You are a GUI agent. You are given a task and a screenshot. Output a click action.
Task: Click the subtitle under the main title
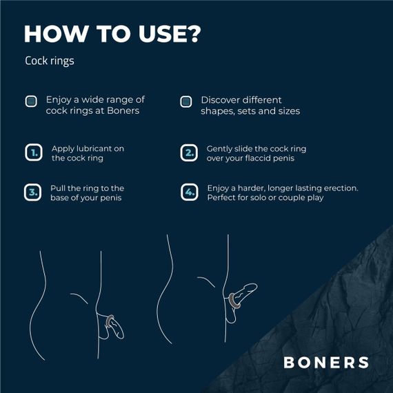coord(49,61)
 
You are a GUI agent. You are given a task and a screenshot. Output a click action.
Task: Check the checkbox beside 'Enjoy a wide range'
coord(30,101)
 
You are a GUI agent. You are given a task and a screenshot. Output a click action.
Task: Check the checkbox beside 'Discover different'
coord(185,101)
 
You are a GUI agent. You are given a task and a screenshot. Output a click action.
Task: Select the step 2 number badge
coord(188,152)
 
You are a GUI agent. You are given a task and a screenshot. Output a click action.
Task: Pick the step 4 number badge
coord(188,192)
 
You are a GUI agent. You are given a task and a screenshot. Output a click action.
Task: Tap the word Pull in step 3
coord(59,188)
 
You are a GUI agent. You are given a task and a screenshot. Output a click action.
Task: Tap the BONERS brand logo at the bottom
coord(326,362)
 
